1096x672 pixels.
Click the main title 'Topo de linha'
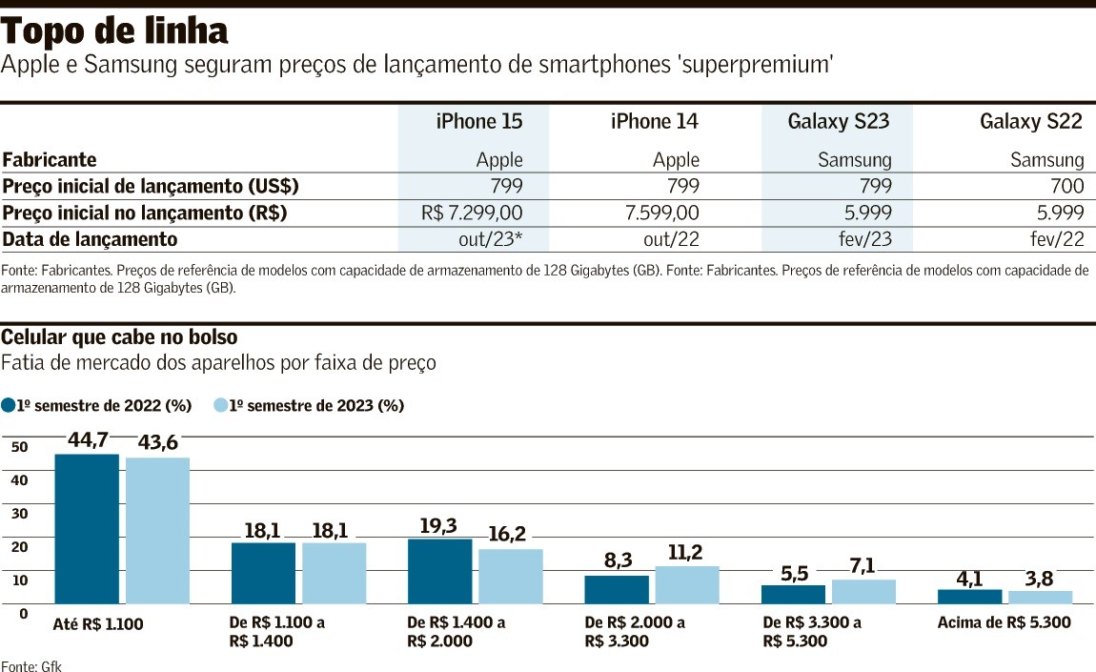pos(115,31)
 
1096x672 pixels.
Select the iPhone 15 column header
pos(479,121)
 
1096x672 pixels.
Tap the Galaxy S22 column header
pos(1031,121)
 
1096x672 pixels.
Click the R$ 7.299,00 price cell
pos(472,213)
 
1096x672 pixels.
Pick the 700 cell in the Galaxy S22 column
pos(1066,186)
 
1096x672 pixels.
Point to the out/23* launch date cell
pos(490,239)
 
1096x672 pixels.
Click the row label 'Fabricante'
pos(50,159)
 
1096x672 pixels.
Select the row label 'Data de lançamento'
pos(90,239)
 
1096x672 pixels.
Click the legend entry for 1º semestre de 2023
pos(309,405)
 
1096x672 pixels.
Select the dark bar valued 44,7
pos(87,528)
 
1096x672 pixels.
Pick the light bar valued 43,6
pos(157,530)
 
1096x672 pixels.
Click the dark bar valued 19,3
pos(439,571)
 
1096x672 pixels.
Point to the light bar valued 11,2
pos(686,584)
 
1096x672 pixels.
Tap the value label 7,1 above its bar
pos(863,566)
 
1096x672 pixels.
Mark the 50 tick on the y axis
pos(20,446)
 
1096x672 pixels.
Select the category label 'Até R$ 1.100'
pos(99,626)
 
